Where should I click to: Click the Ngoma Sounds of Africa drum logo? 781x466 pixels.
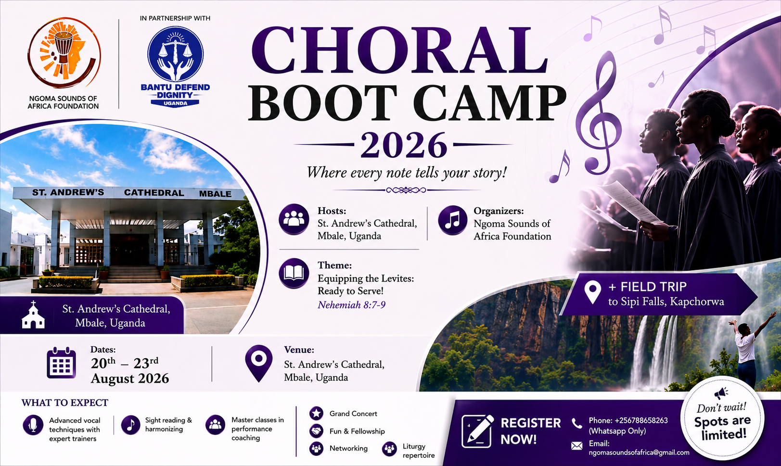pyautogui.click(x=64, y=52)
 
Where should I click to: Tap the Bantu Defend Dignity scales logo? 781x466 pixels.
pyautogui.click(x=175, y=54)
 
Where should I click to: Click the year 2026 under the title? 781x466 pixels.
pyautogui.click(x=404, y=145)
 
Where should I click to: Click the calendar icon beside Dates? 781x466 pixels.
pyautogui.click(x=62, y=363)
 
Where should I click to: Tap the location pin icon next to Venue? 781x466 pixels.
pyautogui.click(x=259, y=363)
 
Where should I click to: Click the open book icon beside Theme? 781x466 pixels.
pyautogui.click(x=294, y=273)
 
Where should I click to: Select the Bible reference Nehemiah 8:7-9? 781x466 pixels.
pyautogui.click(x=351, y=305)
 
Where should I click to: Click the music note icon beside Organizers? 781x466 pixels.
pyautogui.click(x=452, y=220)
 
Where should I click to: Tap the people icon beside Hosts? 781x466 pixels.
pyautogui.click(x=294, y=219)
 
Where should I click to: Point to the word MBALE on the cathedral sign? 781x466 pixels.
pyautogui.click(x=215, y=194)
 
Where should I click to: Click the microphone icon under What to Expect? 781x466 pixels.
pyautogui.click(x=33, y=425)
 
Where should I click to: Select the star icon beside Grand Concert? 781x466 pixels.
pyautogui.click(x=316, y=414)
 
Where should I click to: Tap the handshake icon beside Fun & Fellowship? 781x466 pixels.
pyautogui.click(x=316, y=431)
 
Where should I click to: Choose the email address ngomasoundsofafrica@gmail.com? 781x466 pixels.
pyautogui.click(x=639, y=453)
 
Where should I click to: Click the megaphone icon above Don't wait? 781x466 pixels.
pyautogui.click(x=721, y=393)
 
